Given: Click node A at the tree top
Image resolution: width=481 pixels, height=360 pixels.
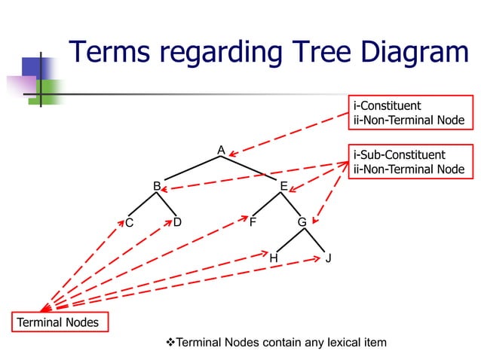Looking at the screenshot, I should coord(221,150).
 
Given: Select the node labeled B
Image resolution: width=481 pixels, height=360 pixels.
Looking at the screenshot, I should coord(157,185).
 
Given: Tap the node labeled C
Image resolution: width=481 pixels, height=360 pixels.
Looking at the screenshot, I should coord(129,223).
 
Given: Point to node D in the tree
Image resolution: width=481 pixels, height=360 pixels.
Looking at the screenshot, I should coord(177,222).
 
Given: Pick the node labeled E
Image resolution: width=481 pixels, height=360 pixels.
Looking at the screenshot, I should coord(283,186).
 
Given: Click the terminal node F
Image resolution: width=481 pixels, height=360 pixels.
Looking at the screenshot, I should coord(253,223).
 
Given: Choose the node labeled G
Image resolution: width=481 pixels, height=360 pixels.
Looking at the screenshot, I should coord(302,223).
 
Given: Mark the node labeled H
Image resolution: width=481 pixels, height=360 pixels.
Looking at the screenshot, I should coord(274,258).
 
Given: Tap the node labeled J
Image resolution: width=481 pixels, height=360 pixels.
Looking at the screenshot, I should coord(329,258).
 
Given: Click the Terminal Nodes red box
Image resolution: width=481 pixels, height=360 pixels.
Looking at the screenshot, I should coord(59,322).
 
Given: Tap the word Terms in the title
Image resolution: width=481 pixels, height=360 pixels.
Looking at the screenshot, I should coord(112,53).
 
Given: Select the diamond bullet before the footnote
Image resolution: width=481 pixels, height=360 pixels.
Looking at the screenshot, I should coord(170,343).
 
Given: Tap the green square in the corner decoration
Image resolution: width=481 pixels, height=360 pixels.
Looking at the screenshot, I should coord(47,91).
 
